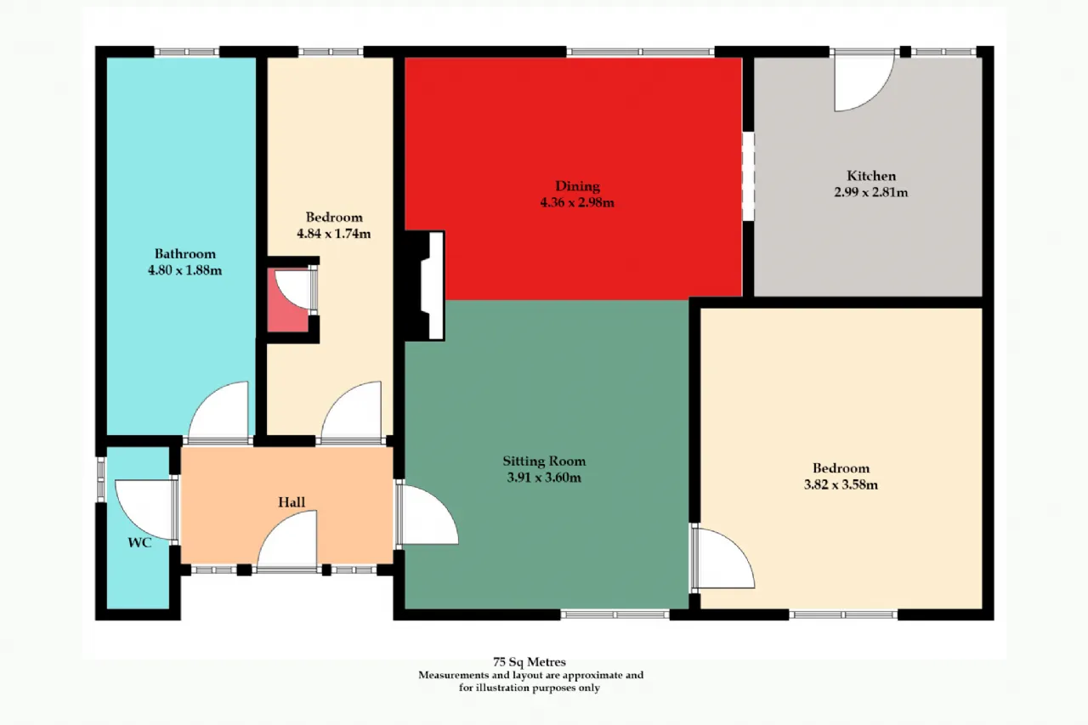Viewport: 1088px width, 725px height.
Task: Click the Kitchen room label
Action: [x=871, y=176]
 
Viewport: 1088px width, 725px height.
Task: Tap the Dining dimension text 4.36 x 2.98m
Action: [x=577, y=202]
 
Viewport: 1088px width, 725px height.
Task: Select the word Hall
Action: [x=292, y=502]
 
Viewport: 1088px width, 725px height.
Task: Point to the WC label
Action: [x=140, y=543]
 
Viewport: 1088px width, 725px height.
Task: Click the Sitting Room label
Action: [x=544, y=461]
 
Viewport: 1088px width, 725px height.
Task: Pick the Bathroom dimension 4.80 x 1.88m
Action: [x=184, y=270]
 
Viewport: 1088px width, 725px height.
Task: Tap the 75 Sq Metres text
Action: [x=530, y=662]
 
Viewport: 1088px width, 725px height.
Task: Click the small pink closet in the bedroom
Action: [x=288, y=301]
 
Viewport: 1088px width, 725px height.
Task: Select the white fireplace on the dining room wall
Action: [x=433, y=286]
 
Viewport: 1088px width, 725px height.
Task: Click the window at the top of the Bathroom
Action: [x=186, y=52]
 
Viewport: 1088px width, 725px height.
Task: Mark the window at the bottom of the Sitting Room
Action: [x=615, y=615]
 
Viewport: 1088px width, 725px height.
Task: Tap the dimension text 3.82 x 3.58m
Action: [x=841, y=484]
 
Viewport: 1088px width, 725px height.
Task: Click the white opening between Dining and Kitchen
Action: [x=749, y=176]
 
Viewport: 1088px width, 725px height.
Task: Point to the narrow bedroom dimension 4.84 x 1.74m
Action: [x=334, y=234]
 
